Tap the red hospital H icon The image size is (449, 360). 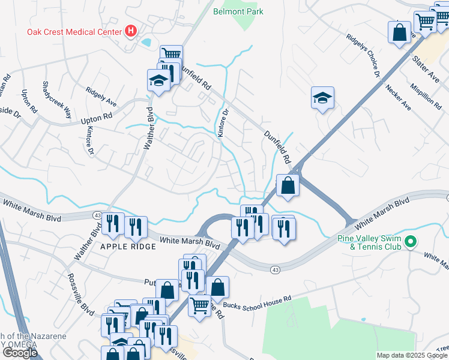pos(130,31)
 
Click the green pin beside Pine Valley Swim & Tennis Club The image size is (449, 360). pos(411,242)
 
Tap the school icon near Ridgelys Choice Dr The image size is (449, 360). pos(322,98)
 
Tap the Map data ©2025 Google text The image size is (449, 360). pos(412,355)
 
